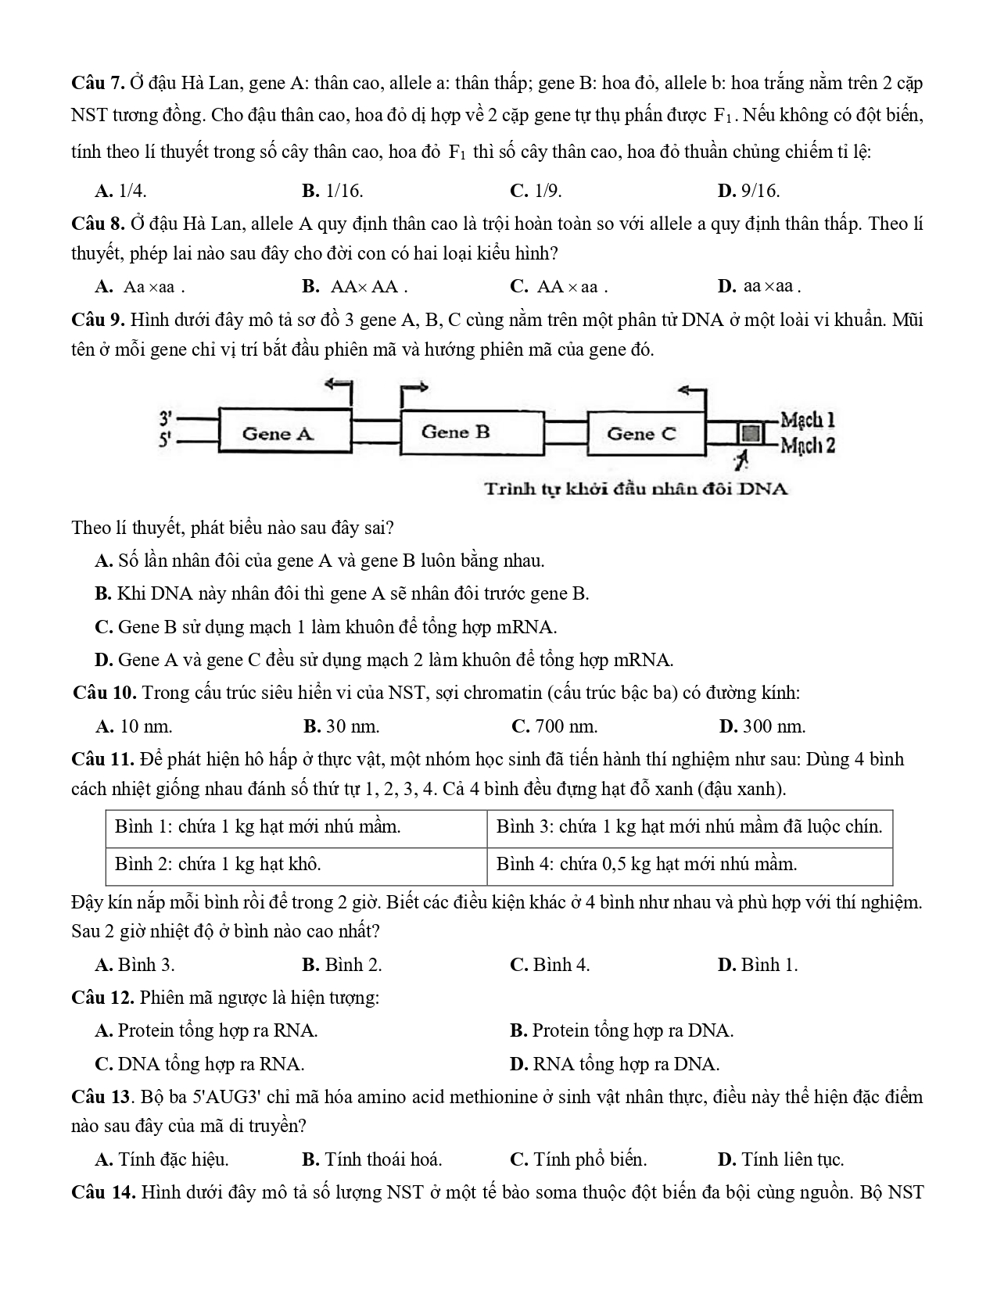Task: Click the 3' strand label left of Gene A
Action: click(x=165, y=418)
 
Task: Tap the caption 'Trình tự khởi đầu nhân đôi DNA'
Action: click(x=636, y=489)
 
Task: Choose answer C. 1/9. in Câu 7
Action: click(x=536, y=191)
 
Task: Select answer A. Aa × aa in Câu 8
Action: click(x=140, y=287)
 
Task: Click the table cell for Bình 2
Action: click(x=296, y=865)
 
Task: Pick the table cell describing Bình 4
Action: click(x=688, y=865)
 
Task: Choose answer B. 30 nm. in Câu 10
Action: click(x=341, y=726)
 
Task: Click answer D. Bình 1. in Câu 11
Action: click(x=757, y=965)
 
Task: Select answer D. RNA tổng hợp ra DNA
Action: click(x=615, y=1064)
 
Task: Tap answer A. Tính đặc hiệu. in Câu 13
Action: click(x=162, y=1159)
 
